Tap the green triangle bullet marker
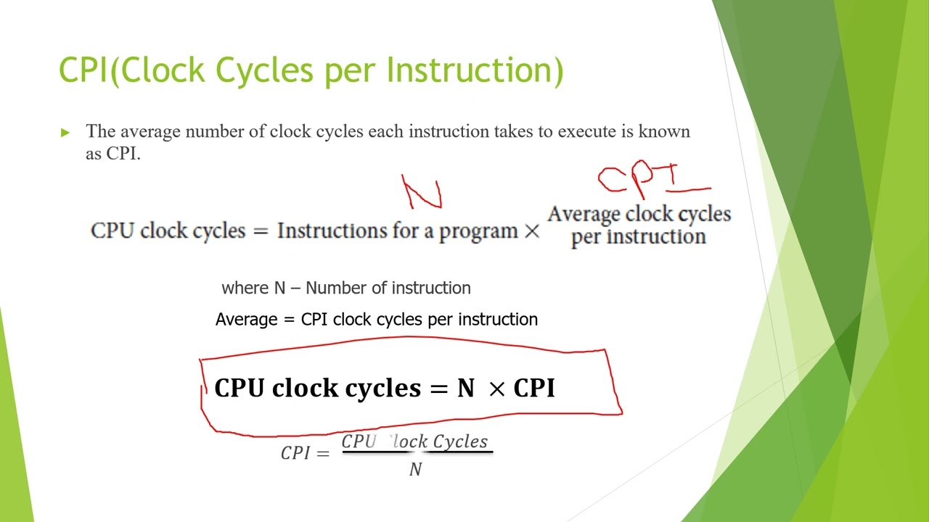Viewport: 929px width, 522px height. coord(65,132)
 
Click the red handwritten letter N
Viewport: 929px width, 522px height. coord(422,193)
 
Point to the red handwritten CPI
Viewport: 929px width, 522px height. coord(639,180)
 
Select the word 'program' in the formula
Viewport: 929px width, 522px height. coord(478,232)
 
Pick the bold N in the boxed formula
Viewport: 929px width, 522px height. coord(465,389)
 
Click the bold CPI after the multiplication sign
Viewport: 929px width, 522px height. coord(534,389)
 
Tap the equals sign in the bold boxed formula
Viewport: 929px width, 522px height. coord(439,389)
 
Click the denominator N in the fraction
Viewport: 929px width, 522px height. coord(416,470)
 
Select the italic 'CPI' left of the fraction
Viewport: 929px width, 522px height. coord(295,453)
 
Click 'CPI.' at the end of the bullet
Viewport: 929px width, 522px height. coord(123,153)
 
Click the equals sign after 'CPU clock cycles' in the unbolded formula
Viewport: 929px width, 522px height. coord(261,231)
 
